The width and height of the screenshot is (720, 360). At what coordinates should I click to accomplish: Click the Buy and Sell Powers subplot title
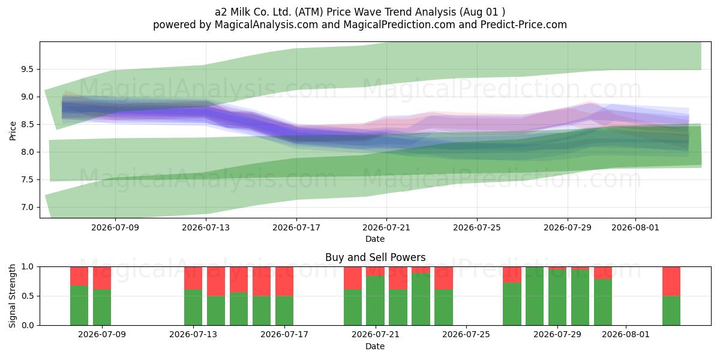tap(375, 257)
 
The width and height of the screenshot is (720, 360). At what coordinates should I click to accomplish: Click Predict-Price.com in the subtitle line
tap(524, 25)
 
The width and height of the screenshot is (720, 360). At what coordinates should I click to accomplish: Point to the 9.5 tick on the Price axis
tap(28, 70)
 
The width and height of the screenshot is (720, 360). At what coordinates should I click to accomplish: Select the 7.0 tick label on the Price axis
tap(28, 208)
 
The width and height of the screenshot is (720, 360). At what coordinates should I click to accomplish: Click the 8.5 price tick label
tap(28, 124)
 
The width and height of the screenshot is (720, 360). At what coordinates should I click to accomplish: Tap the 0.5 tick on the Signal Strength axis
tap(28, 296)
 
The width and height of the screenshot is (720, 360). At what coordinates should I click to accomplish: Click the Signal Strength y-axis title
tap(12, 296)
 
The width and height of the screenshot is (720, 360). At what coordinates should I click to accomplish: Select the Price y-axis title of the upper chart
tap(13, 131)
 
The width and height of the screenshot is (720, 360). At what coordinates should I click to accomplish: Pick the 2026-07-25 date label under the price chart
tap(476, 228)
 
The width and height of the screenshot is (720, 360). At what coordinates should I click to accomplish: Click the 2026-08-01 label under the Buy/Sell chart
tap(625, 335)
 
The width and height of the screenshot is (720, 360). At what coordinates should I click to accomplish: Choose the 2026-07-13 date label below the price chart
tap(206, 228)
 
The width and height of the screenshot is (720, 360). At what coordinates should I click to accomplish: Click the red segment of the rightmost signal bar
tap(671, 281)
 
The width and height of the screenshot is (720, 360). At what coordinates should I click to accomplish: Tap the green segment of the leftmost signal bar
tap(79, 305)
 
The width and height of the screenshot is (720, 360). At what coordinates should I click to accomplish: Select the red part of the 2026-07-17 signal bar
tap(284, 281)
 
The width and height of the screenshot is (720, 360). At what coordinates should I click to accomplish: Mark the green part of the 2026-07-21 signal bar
tap(375, 301)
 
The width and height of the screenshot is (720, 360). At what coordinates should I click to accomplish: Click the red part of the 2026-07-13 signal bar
tap(193, 278)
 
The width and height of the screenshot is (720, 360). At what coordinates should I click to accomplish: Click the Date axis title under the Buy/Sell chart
tap(375, 346)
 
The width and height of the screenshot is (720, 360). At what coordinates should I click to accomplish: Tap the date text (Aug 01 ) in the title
tap(482, 12)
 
